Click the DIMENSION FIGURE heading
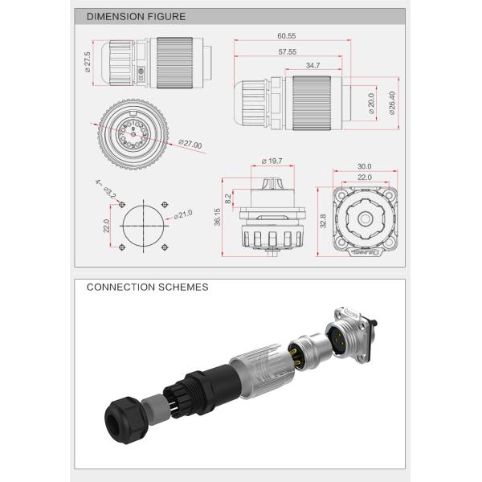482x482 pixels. click(136, 16)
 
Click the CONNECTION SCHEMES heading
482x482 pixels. click(147, 286)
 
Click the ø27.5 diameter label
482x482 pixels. click(87, 60)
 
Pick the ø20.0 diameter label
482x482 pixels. click(371, 103)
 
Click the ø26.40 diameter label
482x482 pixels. click(391, 102)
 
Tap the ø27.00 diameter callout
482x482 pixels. click(190, 145)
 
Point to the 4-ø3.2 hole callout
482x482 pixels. click(105, 190)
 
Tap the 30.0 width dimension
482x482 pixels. click(364, 166)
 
